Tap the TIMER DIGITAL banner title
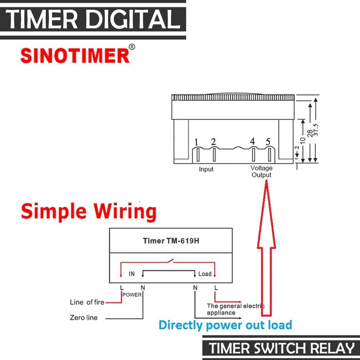(93, 20)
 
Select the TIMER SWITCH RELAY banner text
(281, 348)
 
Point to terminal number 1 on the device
(196, 142)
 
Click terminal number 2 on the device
(213, 142)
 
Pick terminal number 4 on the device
(252, 142)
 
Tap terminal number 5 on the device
(268, 142)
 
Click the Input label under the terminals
(206, 169)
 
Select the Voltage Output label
(261, 172)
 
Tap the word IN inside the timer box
(132, 274)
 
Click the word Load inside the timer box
(205, 274)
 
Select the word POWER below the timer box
(132, 295)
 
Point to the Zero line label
(83, 318)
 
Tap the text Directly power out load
(225, 325)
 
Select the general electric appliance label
(235, 309)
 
